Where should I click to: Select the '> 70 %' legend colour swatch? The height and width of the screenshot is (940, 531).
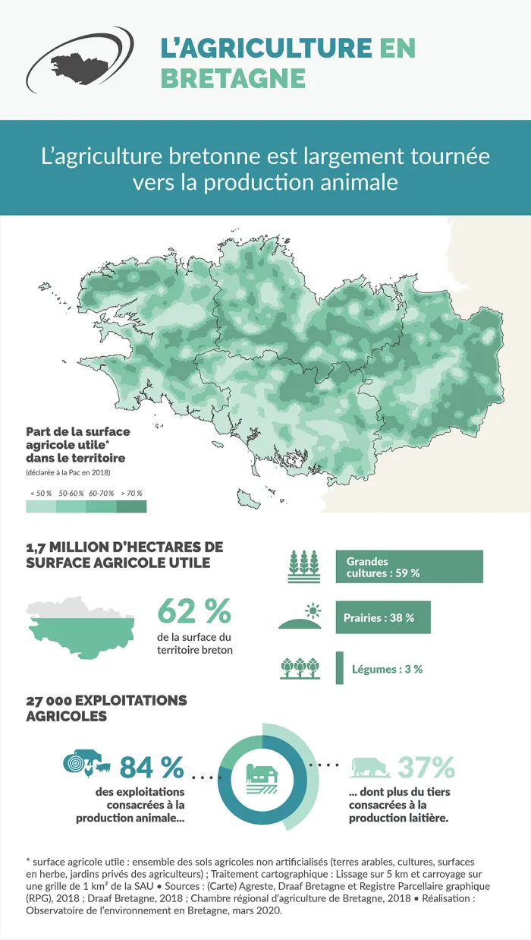coord(132,506)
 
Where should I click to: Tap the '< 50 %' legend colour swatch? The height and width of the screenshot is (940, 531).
coord(41,506)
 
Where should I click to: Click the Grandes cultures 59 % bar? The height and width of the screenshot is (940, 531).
coord(409,566)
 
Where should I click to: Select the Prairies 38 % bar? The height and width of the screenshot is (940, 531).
coord(382,617)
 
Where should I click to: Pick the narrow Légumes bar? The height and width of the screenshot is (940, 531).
coord(339,668)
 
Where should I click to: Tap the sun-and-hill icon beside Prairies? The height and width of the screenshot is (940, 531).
coord(301,617)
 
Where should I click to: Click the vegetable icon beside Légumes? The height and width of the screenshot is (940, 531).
coord(300,668)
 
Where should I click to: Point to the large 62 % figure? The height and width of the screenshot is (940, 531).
coord(193,612)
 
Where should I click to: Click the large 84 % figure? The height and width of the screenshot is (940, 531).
coord(152,768)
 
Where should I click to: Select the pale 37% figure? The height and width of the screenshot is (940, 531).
coord(426,768)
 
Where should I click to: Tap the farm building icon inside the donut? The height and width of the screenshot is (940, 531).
coord(263,775)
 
